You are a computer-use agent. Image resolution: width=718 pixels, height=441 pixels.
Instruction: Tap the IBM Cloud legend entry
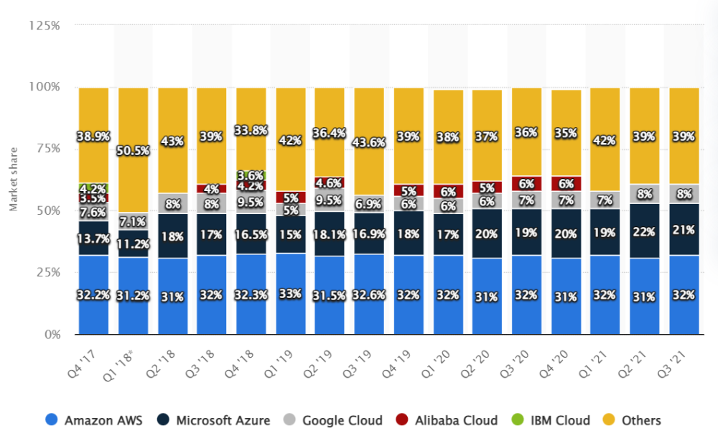click(550, 420)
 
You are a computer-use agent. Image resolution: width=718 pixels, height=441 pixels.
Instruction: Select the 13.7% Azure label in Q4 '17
click(93, 238)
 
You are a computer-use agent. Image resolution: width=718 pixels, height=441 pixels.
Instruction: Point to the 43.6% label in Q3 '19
click(369, 142)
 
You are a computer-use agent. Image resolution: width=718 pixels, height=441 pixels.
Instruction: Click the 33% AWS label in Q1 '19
click(291, 293)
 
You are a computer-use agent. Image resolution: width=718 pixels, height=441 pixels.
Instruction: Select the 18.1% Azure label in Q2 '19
click(330, 233)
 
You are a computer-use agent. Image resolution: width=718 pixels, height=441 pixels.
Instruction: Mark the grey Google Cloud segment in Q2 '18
click(172, 203)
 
